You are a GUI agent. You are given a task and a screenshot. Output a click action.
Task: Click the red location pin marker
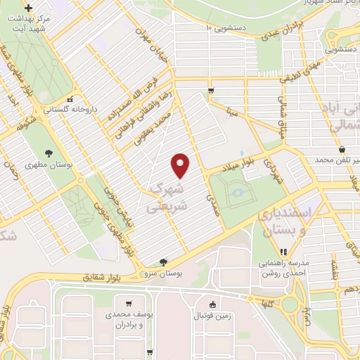pos(181,166)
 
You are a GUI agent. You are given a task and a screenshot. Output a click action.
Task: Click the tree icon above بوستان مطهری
pos(49,153)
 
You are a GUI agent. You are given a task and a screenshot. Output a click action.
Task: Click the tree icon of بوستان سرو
pos(164,262)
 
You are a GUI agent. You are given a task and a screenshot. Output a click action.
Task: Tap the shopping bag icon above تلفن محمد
pos(342,150)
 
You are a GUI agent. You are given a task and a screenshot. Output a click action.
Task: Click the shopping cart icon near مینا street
pos(211,91)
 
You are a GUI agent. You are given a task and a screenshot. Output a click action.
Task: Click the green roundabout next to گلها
pos(289,304)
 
